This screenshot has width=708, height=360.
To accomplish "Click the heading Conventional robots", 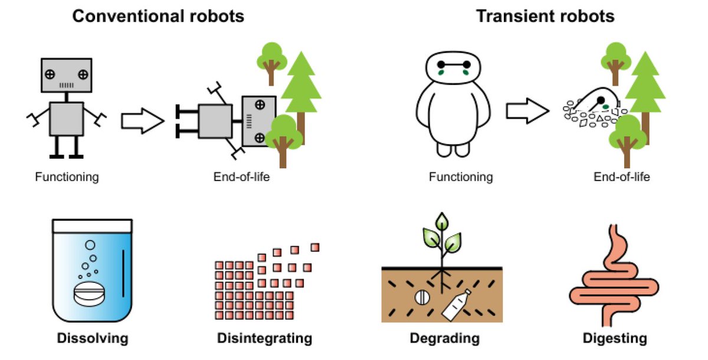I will pos(158,16).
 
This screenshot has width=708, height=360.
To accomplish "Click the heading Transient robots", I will pos(545,16).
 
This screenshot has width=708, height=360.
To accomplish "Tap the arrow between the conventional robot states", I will pos(142,122).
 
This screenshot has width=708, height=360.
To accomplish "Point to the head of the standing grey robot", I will pos(67,75).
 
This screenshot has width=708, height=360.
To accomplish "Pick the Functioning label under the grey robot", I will pos(67,176).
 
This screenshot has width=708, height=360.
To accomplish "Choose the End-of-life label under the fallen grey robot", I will pos(244,176).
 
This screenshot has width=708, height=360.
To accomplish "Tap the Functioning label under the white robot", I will pos(461,176).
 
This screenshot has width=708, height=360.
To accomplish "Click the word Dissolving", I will pos(92,339).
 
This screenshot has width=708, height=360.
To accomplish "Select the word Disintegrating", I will pos(264,339).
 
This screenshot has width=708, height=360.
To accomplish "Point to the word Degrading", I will pos(444,339).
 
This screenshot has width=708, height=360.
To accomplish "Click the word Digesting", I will pos(614,339).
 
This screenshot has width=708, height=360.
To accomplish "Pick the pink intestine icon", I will pos(614,277).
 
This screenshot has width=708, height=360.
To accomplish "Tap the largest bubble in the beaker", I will pos(90,244).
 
